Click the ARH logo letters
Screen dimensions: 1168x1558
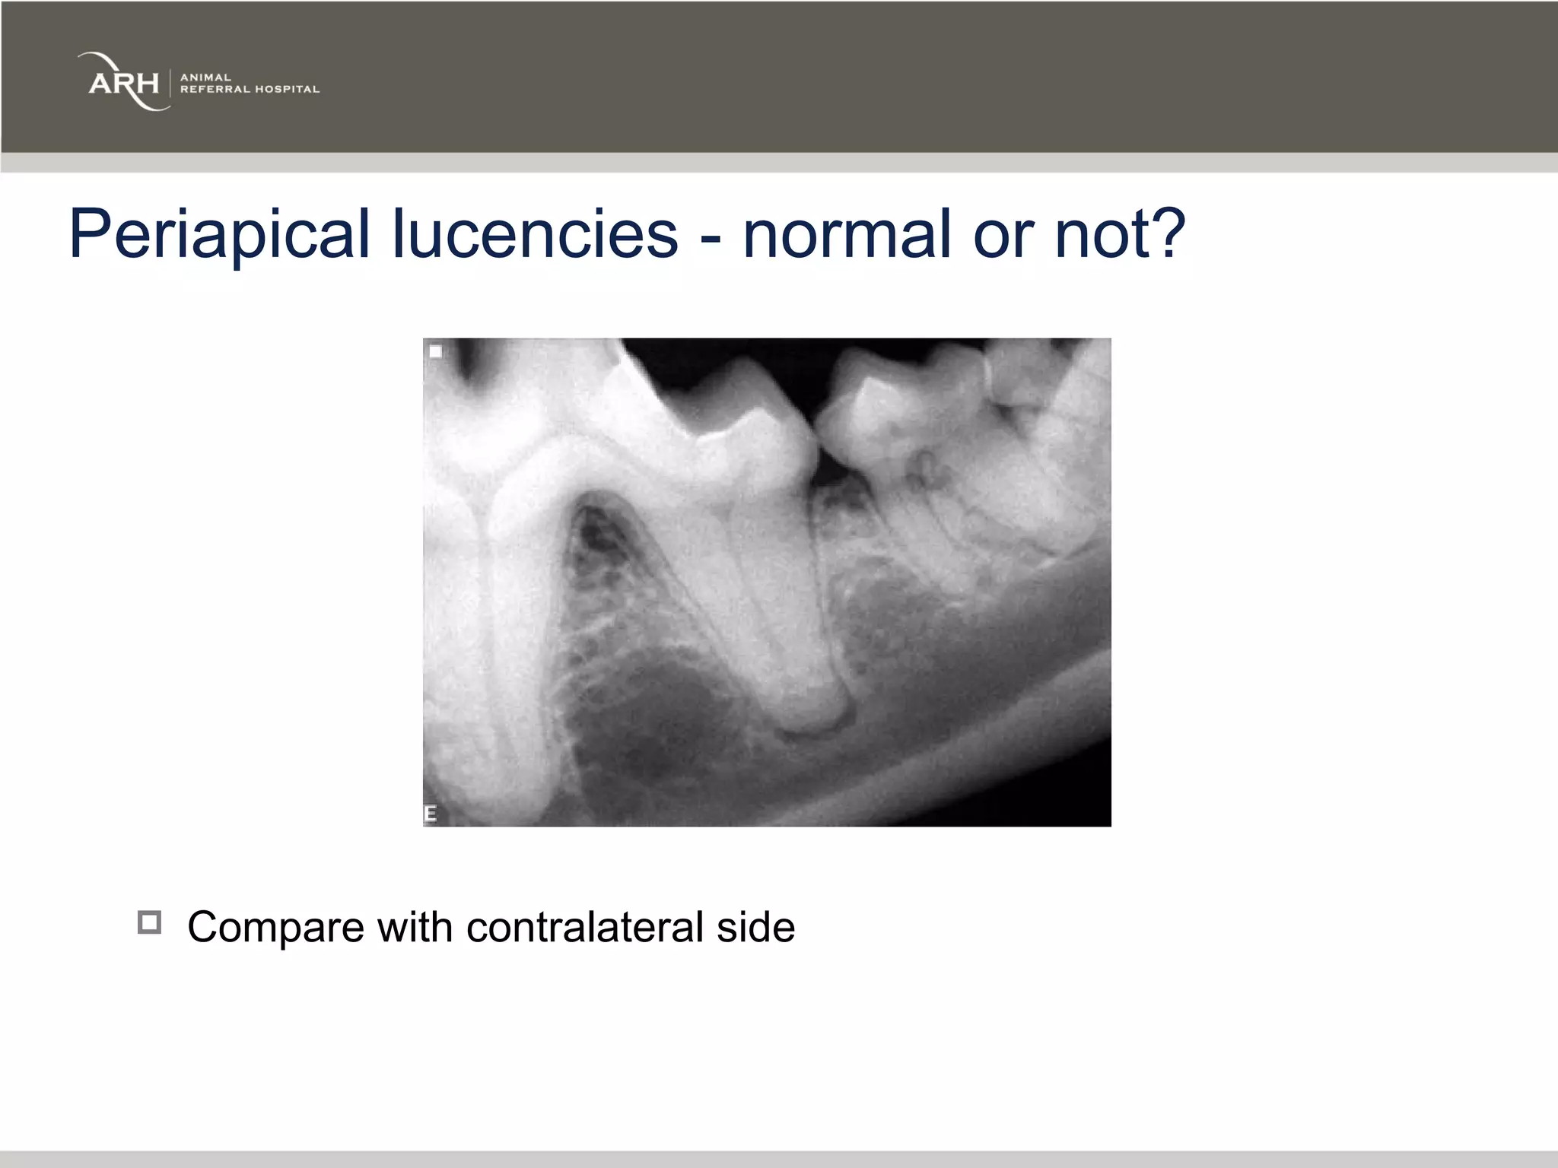click(123, 83)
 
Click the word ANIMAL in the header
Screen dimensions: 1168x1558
click(205, 77)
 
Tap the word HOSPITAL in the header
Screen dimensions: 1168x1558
click(287, 89)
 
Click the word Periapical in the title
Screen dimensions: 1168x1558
click(219, 234)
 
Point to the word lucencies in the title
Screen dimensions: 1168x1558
click(535, 234)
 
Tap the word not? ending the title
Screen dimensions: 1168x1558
click(1120, 234)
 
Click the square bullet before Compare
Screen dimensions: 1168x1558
click(149, 922)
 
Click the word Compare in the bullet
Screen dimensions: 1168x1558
click(275, 928)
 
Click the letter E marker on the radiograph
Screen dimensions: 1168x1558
click(431, 814)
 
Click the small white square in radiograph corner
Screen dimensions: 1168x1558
click(436, 351)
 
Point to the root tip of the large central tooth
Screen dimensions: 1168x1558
click(810, 722)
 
